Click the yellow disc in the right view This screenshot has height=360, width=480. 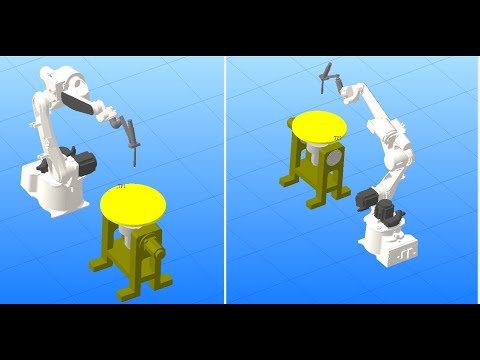(319, 126)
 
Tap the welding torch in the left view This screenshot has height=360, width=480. (131, 140)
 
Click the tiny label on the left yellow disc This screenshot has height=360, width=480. (121, 186)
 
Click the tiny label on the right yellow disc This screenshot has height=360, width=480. (337, 138)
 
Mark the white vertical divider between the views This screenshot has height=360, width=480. (225, 180)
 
